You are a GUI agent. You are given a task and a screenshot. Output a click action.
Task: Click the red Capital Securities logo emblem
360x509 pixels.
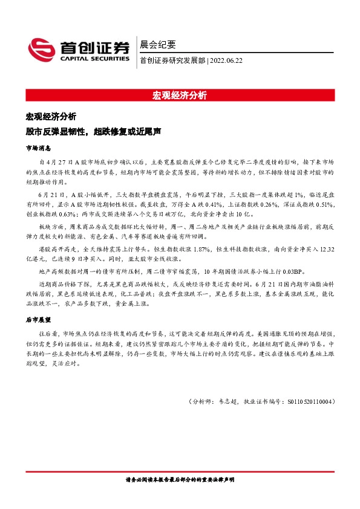click(42, 50)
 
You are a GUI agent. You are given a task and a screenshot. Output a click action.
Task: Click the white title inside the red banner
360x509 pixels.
click(180, 96)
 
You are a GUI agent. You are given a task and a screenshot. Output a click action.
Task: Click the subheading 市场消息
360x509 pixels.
click(38, 148)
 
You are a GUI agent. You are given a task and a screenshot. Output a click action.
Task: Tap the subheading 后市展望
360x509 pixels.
click(38, 319)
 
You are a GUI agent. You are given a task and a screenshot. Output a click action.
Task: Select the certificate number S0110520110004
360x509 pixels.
click(307, 401)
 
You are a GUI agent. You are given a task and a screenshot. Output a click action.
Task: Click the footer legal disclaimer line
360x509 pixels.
click(180, 479)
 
